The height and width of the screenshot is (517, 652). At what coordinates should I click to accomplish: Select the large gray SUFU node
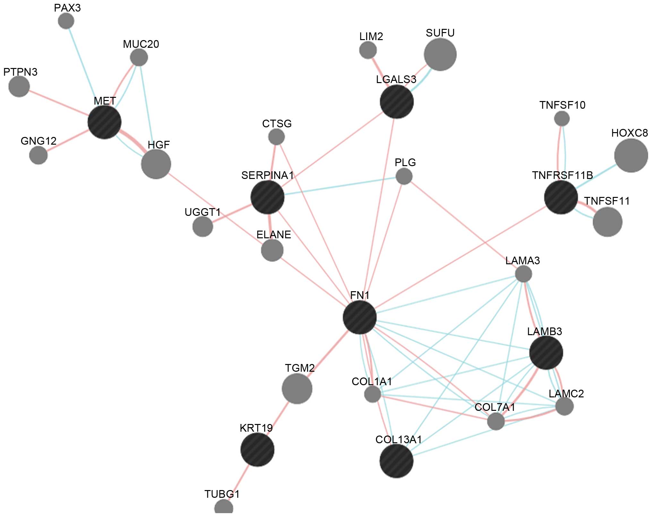440,55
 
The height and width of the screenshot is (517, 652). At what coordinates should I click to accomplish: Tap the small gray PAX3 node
66,21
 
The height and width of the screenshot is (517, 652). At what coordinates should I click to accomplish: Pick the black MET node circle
104,122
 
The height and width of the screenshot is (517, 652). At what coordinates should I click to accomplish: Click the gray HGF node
156,164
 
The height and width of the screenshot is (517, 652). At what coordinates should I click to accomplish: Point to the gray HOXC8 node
631,156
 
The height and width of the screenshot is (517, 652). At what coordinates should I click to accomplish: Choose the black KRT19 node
257,450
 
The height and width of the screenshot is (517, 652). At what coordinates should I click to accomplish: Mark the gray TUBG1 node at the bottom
224,508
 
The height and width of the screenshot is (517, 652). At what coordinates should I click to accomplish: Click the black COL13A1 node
396,461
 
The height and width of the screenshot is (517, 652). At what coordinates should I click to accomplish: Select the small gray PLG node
404,176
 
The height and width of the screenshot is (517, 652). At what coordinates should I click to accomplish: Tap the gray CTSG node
276,137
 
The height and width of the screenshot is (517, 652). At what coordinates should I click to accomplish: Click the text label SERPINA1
268,175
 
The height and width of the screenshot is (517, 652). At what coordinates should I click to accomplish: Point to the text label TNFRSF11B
562,175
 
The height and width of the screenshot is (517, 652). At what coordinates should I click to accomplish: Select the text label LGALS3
396,80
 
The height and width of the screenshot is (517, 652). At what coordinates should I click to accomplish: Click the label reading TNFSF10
562,105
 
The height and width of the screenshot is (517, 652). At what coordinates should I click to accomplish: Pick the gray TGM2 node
297,389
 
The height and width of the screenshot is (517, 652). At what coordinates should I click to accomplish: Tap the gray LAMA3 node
523,274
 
